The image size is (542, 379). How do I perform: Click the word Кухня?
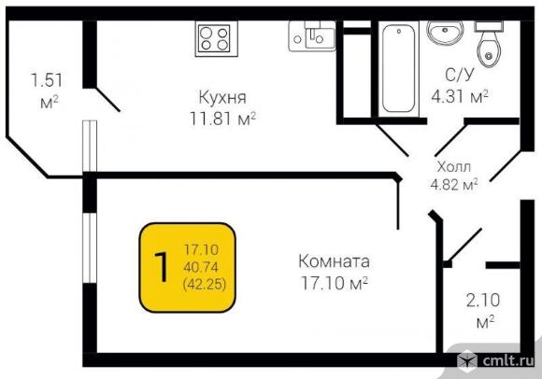pyautogui.click(x=222, y=98)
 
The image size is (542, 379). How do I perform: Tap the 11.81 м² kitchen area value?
pyautogui.click(x=222, y=119)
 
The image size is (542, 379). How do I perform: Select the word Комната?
pyautogui.click(x=334, y=261)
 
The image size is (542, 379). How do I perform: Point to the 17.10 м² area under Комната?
pyautogui.click(x=334, y=284)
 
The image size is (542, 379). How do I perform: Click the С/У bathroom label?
pyautogui.click(x=458, y=75)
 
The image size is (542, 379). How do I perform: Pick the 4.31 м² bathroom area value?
pyautogui.click(x=460, y=96)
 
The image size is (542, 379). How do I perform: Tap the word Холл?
pyautogui.click(x=454, y=167)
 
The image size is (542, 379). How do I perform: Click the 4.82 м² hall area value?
pyautogui.click(x=454, y=185)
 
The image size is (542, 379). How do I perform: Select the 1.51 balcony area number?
pyautogui.click(x=47, y=80)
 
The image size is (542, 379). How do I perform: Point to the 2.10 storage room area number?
pyautogui.click(x=483, y=301)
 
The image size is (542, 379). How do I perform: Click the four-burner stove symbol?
pyautogui.click(x=217, y=38)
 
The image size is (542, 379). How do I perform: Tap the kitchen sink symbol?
pyautogui.click(x=312, y=36)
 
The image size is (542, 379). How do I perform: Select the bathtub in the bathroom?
pyautogui.click(x=398, y=68)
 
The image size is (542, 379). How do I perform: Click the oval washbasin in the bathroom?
pyautogui.click(x=445, y=32)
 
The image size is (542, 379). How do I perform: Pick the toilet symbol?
pyautogui.click(x=489, y=44)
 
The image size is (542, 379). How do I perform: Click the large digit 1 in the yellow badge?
pyautogui.click(x=161, y=267)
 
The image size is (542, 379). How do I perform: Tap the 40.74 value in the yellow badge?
pyautogui.click(x=201, y=267)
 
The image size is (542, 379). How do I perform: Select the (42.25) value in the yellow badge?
pyautogui.click(x=205, y=285)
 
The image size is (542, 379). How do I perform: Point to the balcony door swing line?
pyautogui.click(x=107, y=100)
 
